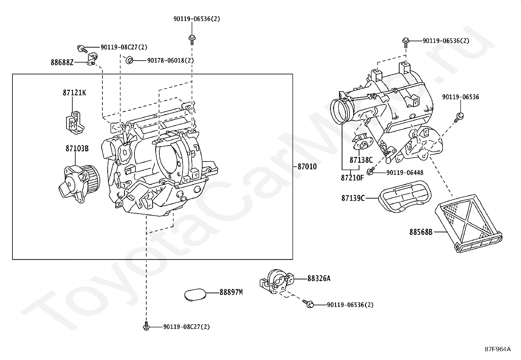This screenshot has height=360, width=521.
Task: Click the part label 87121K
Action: [x=74, y=93]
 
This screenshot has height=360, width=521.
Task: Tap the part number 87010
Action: [x=307, y=166]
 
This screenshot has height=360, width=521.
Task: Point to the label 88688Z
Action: [x=62, y=63]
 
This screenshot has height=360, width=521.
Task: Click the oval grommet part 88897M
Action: [x=195, y=295]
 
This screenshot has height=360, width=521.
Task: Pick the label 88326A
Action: [x=319, y=278]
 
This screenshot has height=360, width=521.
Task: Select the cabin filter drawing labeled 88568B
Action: [x=468, y=223]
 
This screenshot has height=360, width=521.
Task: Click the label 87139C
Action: [x=353, y=198]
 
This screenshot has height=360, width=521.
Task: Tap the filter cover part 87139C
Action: [x=405, y=197]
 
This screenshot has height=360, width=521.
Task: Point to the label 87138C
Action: [x=361, y=160]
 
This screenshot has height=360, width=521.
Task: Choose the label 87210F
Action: [x=352, y=178]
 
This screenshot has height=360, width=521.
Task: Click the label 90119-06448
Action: [x=405, y=173]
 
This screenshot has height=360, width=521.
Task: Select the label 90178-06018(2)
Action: [x=171, y=60]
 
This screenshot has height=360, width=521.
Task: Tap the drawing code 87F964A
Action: [x=497, y=349]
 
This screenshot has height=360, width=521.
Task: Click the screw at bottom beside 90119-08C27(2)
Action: [x=146, y=326]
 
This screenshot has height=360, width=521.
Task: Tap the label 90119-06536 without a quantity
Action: [x=460, y=97]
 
